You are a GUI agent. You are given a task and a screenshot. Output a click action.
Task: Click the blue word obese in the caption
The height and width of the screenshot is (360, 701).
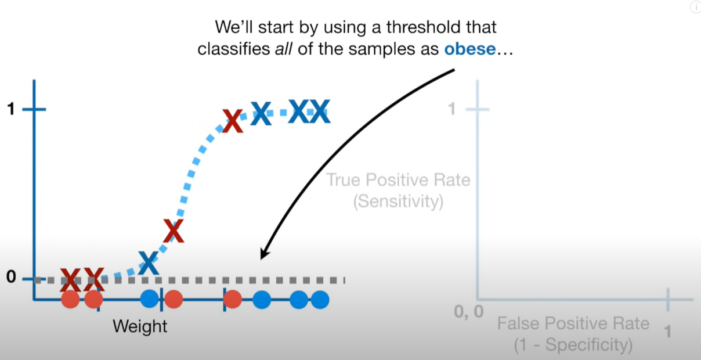coord(469,49)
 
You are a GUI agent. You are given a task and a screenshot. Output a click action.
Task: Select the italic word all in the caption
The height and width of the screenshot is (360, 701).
coord(284,49)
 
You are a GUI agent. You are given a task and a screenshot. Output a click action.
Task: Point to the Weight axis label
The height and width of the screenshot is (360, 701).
coord(140,327)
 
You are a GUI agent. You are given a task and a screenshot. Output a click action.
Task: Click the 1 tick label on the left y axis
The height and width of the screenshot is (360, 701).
coord(11,109)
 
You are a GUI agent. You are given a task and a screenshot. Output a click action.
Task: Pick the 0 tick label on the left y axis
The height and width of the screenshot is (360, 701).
coord(11,277)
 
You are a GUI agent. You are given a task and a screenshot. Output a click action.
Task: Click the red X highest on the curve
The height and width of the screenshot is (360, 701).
coord(232,121)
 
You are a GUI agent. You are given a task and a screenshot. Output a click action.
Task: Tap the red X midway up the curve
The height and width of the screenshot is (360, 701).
coord(174,231)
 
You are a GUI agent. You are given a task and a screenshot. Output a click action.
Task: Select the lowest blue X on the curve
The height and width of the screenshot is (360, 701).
coord(149,263)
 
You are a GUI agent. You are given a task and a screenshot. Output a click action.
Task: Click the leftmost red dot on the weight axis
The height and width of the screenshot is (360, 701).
coord(70,299)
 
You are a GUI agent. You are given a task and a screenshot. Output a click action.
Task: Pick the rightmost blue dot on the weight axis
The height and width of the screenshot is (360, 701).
coord(320,300)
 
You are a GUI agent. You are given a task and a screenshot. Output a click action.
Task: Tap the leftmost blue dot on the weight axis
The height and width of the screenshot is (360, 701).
coord(150,298)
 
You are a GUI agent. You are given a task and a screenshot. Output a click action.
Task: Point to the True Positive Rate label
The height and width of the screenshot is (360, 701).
coord(398,180)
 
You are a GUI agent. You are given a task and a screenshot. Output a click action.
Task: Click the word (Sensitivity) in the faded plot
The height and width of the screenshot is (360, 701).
coord(398,201)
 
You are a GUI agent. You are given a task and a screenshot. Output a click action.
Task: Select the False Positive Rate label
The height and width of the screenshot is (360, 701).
coord(573,323)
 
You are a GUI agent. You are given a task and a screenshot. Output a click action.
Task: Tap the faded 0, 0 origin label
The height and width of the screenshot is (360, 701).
coord(468,312)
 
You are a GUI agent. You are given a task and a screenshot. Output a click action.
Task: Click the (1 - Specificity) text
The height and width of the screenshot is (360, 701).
coord(573,345)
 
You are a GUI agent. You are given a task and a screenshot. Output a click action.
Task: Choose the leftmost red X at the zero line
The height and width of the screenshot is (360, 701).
coord(70,280)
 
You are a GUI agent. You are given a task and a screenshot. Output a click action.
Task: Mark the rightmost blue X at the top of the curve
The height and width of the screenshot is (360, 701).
coord(320,111)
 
